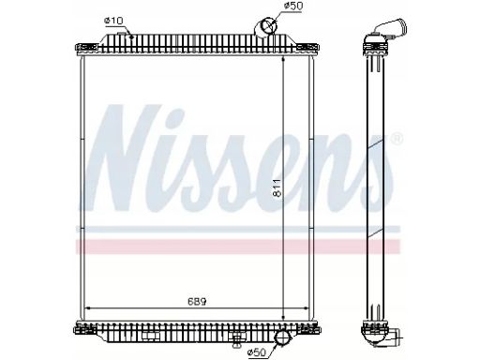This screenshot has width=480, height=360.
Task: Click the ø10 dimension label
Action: click(114, 21)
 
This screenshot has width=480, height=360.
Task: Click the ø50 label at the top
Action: click(293, 6)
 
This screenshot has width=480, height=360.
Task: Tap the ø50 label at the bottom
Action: click(256, 352)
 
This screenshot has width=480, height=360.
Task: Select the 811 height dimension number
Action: click(277, 188)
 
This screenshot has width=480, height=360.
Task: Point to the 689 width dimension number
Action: click(198, 302)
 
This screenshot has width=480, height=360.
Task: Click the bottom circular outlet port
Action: click(283, 338)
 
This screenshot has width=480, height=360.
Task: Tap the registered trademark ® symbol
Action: click(397, 139)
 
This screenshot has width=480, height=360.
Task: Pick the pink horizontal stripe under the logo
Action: click(237, 247)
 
